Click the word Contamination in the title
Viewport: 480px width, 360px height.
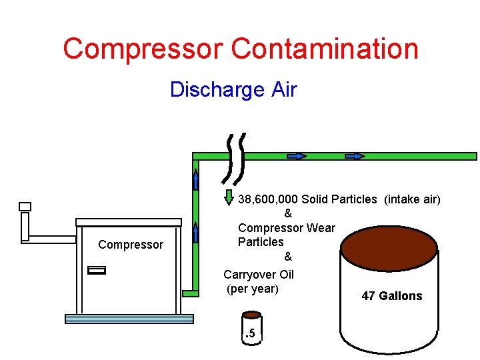pos(325,49)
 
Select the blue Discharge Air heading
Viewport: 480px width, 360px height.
pos(233,89)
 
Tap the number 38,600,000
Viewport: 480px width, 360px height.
pos(268,199)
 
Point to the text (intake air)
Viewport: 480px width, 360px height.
pos(412,199)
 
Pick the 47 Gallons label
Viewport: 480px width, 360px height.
pos(391,296)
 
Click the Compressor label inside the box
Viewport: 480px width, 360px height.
pos(131,245)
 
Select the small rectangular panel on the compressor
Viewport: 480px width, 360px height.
pos(97,270)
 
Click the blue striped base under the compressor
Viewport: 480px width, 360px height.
pos(129,319)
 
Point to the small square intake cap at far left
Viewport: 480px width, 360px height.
pos(25,207)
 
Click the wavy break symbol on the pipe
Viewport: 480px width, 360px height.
pos(235,159)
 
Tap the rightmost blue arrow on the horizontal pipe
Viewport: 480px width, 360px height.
pos(355,156)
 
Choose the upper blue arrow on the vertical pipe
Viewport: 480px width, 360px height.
pos(196,180)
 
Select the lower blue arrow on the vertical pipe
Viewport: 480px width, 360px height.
pos(195,232)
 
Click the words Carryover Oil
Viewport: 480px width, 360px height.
pos(259,275)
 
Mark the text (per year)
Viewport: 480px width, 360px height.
pos(253,289)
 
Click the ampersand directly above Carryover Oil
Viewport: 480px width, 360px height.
pos(288,257)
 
